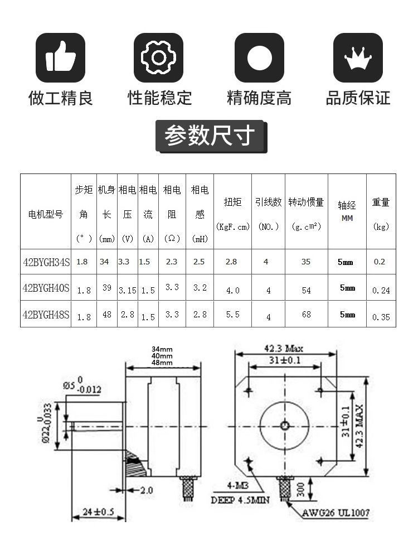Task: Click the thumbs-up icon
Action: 61,57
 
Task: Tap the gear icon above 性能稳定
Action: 159,57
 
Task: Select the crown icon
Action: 358,57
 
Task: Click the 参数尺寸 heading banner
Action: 210,136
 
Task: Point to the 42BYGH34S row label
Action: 46,262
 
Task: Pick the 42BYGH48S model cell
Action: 46,314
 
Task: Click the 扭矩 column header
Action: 232,202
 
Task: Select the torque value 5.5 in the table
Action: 232,315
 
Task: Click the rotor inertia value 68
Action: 307,315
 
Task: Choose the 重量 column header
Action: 381,202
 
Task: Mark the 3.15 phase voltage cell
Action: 128,290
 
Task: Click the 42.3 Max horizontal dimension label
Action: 284,349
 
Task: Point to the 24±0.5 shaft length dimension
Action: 99,511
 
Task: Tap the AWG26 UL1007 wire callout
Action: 336,512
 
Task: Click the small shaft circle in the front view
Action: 285,426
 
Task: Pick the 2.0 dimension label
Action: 146,490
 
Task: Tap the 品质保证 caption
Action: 358,98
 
